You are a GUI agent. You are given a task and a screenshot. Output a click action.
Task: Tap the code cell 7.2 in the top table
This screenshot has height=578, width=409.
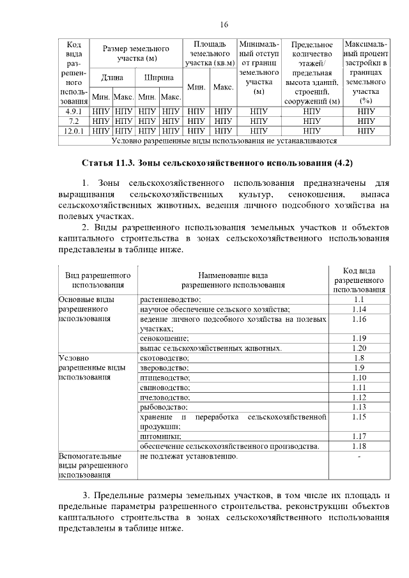[x=73, y=120]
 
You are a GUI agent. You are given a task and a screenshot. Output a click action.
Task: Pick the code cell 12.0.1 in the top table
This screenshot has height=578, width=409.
[x=73, y=130]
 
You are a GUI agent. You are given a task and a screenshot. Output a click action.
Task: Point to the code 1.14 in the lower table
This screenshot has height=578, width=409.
[x=359, y=309]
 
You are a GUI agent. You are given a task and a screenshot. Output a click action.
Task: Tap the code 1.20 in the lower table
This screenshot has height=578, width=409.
[x=359, y=348]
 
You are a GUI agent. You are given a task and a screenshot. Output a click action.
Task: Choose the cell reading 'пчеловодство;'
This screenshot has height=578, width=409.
[x=164, y=397]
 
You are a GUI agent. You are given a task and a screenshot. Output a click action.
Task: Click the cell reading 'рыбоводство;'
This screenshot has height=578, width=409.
[x=163, y=407]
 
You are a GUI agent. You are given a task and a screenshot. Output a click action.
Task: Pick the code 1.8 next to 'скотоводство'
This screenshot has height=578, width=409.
[x=359, y=358]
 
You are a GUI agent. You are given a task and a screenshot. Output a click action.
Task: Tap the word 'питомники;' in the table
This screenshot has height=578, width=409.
[x=160, y=436]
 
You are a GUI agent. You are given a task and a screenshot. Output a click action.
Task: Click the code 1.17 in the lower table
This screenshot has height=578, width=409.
[x=359, y=436]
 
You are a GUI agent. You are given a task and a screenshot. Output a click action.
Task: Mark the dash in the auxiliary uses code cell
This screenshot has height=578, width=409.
[x=359, y=457]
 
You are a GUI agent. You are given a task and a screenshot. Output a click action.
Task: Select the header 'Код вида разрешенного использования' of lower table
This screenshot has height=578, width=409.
[x=359, y=280]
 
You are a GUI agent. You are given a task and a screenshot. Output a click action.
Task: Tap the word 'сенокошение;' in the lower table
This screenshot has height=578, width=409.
[x=164, y=338]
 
